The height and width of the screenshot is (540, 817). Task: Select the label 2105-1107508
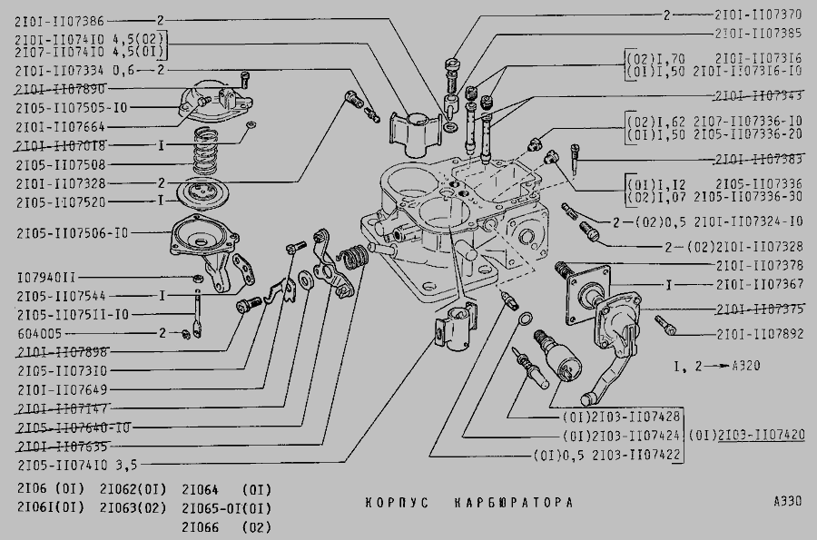point(60,164)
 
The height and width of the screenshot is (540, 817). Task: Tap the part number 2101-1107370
point(758,15)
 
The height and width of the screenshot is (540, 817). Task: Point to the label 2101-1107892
point(759,333)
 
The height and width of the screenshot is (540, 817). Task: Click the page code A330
point(787,501)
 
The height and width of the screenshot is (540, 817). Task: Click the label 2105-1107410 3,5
point(76,466)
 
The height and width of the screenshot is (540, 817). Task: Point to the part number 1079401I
point(46,276)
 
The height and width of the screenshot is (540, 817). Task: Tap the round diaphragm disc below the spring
point(210,194)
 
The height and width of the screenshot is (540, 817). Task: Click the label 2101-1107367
point(759,284)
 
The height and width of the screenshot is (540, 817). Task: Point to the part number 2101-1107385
point(758,34)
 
